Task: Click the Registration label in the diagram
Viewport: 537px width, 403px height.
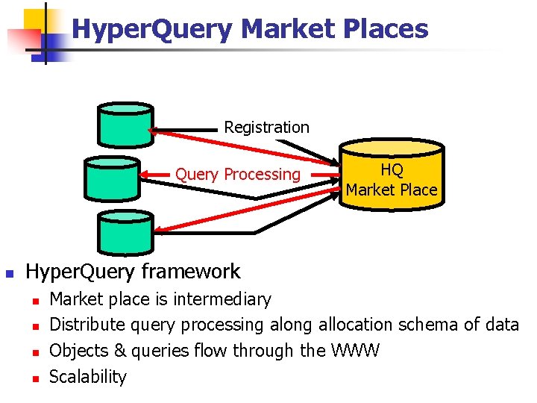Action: [x=266, y=127]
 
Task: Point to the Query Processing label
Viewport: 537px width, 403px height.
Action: [x=237, y=175]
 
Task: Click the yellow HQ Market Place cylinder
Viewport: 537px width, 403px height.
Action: [x=391, y=179]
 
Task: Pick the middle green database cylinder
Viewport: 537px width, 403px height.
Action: [x=111, y=179]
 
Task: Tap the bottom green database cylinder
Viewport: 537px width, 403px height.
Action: [x=125, y=231]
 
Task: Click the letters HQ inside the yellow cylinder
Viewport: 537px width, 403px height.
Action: [x=392, y=171]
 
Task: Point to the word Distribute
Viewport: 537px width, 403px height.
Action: [x=87, y=325]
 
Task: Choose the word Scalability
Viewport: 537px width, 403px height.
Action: [x=87, y=376]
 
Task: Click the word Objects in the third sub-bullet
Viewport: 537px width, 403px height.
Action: [x=78, y=350]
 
